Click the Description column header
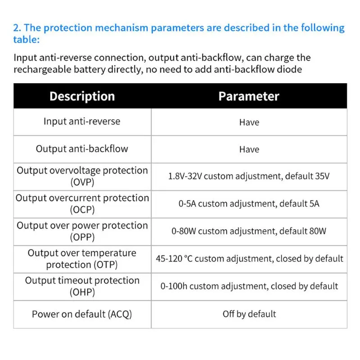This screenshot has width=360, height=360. (x=82, y=96)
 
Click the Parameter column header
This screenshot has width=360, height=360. (x=249, y=96)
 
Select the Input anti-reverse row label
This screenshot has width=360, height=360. (x=82, y=121)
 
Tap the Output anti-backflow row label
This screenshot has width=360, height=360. (x=82, y=149)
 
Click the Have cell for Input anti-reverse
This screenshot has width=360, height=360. (x=249, y=122)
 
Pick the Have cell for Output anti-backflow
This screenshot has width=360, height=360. (x=249, y=150)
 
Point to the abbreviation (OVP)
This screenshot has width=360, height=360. (x=82, y=182)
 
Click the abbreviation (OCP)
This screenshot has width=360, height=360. (x=82, y=210)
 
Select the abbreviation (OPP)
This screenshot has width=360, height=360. (x=82, y=237)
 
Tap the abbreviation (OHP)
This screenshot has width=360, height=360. (x=82, y=292)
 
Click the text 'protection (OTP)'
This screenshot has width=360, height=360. (x=82, y=265)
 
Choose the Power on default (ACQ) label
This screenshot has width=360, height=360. (x=82, y=314)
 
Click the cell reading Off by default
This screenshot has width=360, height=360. (x=249, y=314)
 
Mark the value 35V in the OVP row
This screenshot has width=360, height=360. (x=320, y=176)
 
